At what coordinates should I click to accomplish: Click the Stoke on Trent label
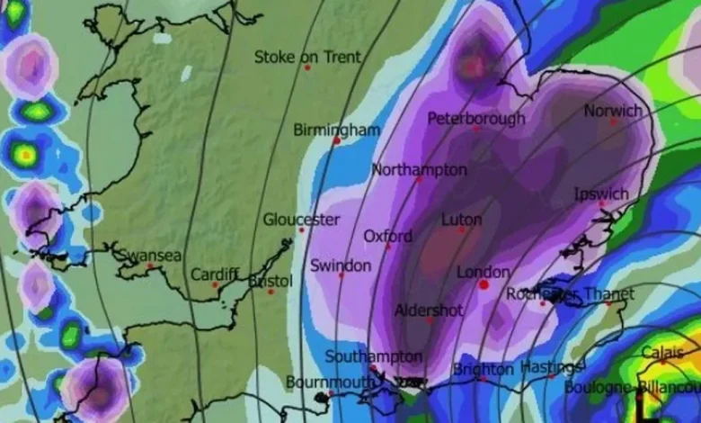[307, 57]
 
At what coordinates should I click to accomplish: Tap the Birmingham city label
[337, 130]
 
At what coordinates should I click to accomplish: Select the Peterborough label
[476, 118]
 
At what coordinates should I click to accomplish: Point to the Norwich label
[613, 111]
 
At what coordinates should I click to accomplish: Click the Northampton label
[419, 169]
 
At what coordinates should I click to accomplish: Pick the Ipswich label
[601, 194]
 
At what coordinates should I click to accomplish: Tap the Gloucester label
[301, 219]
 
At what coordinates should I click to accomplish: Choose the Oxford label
[387, 236]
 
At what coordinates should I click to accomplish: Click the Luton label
[462, 219]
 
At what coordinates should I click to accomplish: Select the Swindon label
[340, 265]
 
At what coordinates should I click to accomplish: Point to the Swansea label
[149, 255]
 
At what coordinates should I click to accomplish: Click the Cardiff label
[215, 274]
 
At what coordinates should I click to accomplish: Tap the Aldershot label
[430, 310]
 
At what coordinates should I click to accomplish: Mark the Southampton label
[374, 356]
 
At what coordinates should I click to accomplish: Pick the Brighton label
[484, 369]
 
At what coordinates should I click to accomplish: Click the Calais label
[662, 352]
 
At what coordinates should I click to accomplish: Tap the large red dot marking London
[484, 284]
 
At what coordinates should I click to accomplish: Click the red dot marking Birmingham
[337, 140]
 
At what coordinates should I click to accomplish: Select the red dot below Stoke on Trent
[307, 67]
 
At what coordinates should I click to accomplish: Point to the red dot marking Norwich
[615, 121]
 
